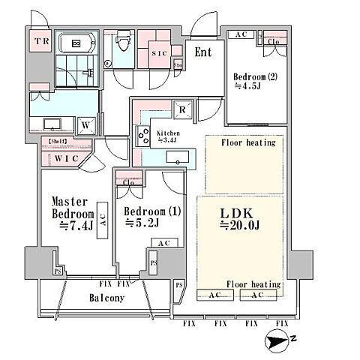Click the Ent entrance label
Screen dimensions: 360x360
pyautogui.click(x=203, y=52)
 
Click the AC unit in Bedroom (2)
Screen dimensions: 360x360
pyautogui.click(x=241, y=34)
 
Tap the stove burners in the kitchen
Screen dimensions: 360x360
pyautogui.click(x=143, y=136)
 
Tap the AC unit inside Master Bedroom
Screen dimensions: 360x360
pyautogui.click(x=103, y=220)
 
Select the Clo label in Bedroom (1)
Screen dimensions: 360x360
pyautogui.click(x=128, y=181)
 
